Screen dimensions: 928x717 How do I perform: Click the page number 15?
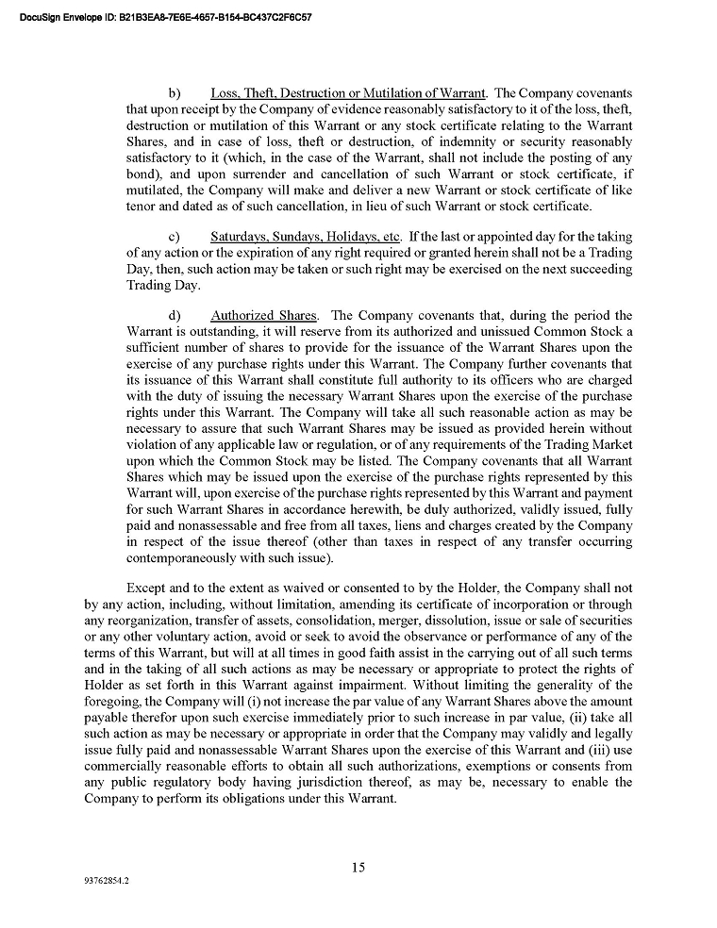(358, 868)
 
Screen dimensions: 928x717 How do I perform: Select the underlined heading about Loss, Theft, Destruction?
(348, 93)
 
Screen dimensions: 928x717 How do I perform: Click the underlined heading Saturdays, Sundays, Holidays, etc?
(308, 236)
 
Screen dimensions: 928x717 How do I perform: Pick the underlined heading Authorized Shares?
(264, 314)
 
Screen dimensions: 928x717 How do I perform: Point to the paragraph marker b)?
(175, 93)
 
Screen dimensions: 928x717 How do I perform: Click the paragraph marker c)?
(175, 236)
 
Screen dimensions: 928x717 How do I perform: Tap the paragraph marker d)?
(175, 314)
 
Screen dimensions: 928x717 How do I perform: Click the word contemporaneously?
(187, 557)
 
